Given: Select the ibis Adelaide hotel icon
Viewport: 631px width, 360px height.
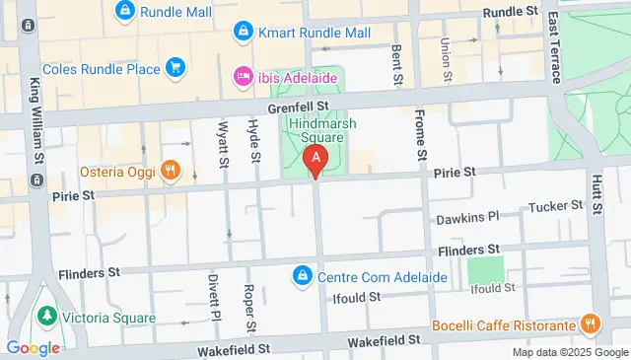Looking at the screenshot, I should [x=243, y=75].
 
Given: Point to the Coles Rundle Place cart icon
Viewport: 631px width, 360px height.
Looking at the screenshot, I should [x=175, y=67].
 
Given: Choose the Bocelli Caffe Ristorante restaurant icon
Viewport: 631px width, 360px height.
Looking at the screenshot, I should [x=590, y=324].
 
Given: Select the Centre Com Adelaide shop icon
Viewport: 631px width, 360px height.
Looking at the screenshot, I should [x=303, y=275].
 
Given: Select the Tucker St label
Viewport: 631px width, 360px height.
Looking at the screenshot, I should [x=556, y=206].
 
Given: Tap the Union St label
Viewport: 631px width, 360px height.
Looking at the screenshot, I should [x=446, y=59].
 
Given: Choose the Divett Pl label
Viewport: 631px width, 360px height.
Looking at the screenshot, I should [x=213, y=293].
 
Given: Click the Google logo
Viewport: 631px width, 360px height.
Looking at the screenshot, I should [x=32, y=347].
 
